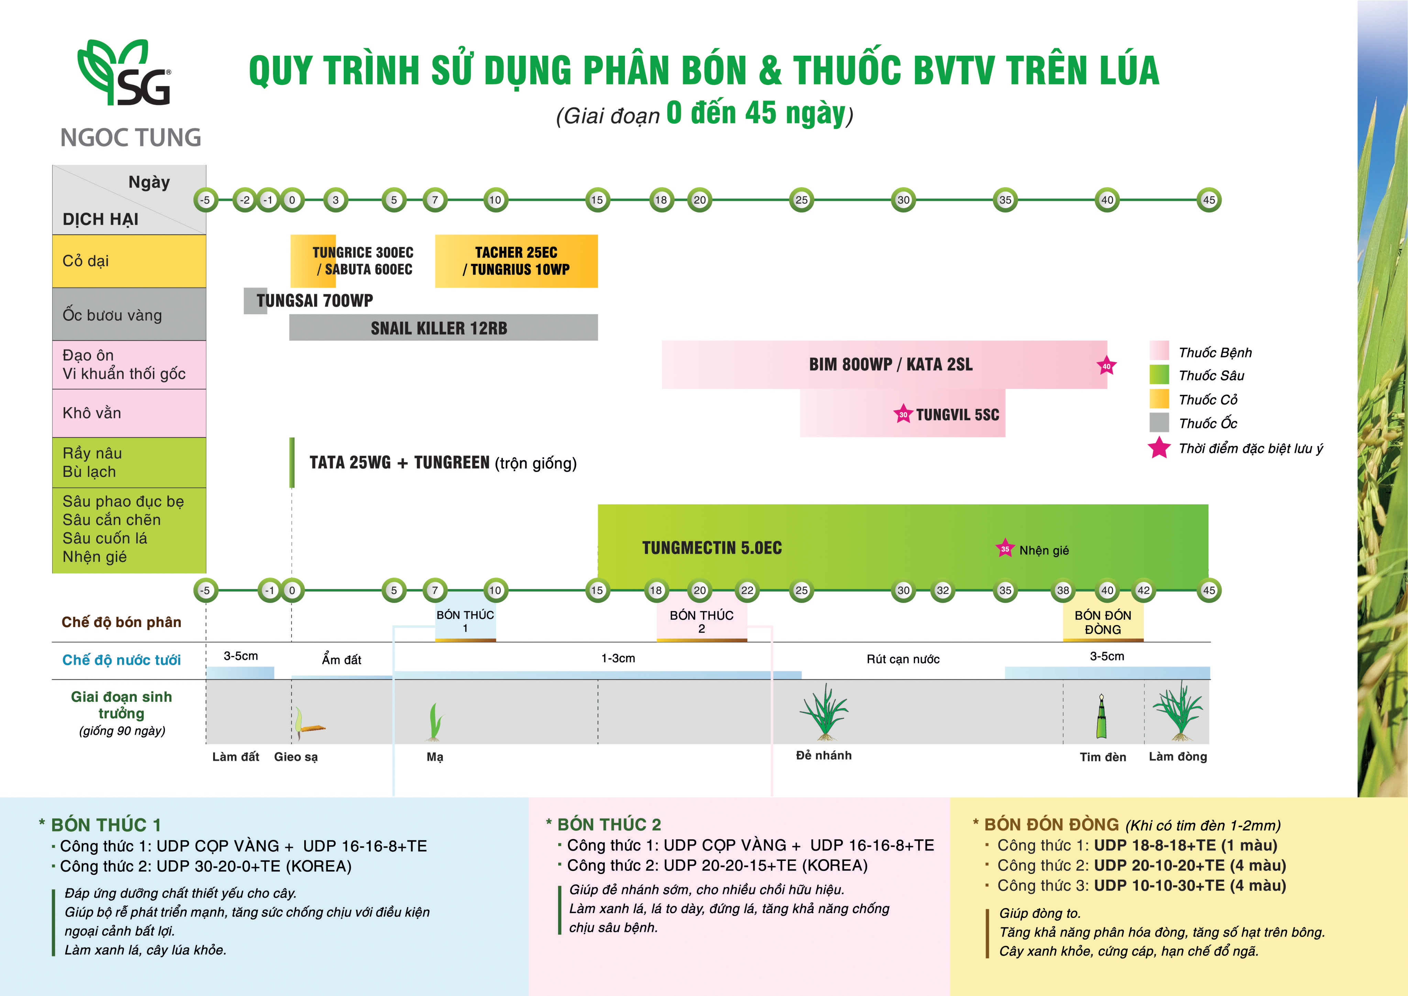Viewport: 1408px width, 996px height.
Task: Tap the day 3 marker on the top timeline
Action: tap(335, 200)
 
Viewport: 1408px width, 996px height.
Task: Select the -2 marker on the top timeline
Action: tap(245, 200)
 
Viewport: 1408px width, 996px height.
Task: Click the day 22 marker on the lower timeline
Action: tap(747, 590)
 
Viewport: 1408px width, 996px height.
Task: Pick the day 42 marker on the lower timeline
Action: tap(1144, 590)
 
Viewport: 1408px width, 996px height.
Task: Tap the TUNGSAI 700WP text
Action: tap(315, 300)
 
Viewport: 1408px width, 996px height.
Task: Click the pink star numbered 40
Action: tap(1106, 366)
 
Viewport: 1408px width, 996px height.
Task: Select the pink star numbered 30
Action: tap(903, 415)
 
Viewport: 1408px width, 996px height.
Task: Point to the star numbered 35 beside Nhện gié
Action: tap(1004, 549)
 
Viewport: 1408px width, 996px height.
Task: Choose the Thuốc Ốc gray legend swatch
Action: tap(1159, 423)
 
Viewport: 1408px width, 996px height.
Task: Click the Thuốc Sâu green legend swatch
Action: tap(1159, 375)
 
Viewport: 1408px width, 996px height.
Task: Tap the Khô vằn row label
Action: tap(92, 413)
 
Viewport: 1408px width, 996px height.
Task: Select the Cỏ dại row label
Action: tap(86, 261)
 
